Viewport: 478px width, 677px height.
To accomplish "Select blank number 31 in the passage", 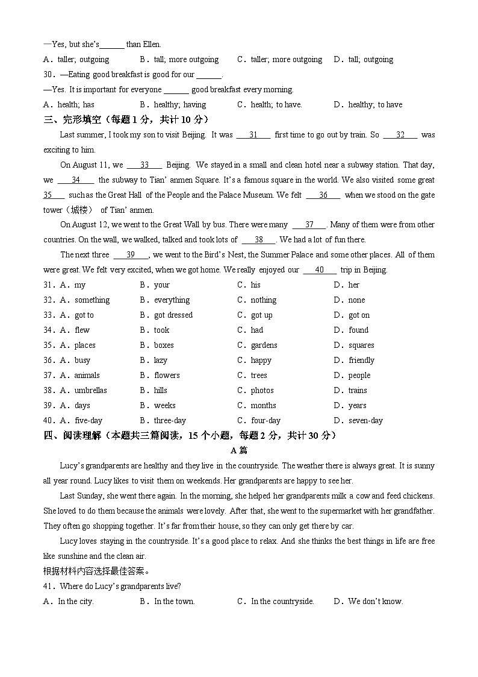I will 253,135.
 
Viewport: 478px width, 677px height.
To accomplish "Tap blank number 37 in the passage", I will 309,225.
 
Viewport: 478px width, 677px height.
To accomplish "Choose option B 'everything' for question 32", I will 172,300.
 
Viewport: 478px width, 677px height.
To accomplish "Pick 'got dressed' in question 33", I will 173,315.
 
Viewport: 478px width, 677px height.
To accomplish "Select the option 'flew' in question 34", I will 82,330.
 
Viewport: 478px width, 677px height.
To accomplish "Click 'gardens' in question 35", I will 264,345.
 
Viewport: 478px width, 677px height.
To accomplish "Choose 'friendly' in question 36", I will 361,361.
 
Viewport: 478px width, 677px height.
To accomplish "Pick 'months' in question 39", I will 263,406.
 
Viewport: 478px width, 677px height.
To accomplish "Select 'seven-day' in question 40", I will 365,421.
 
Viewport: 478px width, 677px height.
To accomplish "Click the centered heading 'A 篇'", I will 239,450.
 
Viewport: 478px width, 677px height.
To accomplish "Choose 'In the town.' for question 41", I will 174,602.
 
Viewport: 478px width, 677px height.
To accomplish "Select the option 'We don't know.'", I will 375,602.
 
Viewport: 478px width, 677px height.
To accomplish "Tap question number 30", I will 49,75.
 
